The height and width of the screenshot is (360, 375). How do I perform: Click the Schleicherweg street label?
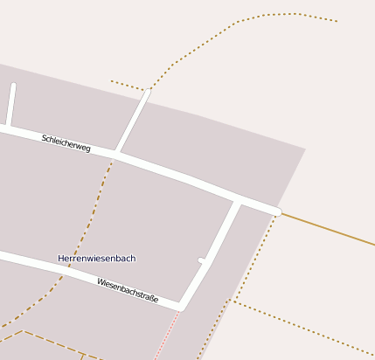click(66, 143)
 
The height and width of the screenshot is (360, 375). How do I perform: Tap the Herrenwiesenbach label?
click(96, 259)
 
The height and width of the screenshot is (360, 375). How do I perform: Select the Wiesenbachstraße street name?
click(128, 290)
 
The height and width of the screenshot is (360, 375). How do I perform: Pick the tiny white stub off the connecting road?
click(203, 260)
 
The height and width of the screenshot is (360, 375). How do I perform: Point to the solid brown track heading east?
click(328, 229)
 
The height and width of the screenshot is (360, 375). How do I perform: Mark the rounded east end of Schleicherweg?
click(276, 211)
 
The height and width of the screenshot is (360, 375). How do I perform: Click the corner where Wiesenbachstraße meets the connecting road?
click(181, 307)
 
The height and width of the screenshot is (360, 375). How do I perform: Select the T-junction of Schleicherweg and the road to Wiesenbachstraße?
click(236, 201)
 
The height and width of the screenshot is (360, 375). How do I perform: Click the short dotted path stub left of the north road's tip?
click(128, 86)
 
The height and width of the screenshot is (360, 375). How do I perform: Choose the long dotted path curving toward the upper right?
click(236, 24)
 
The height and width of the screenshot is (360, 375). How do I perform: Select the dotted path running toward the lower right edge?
click(306, 328)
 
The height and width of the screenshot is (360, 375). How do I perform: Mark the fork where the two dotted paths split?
click(233, 301)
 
